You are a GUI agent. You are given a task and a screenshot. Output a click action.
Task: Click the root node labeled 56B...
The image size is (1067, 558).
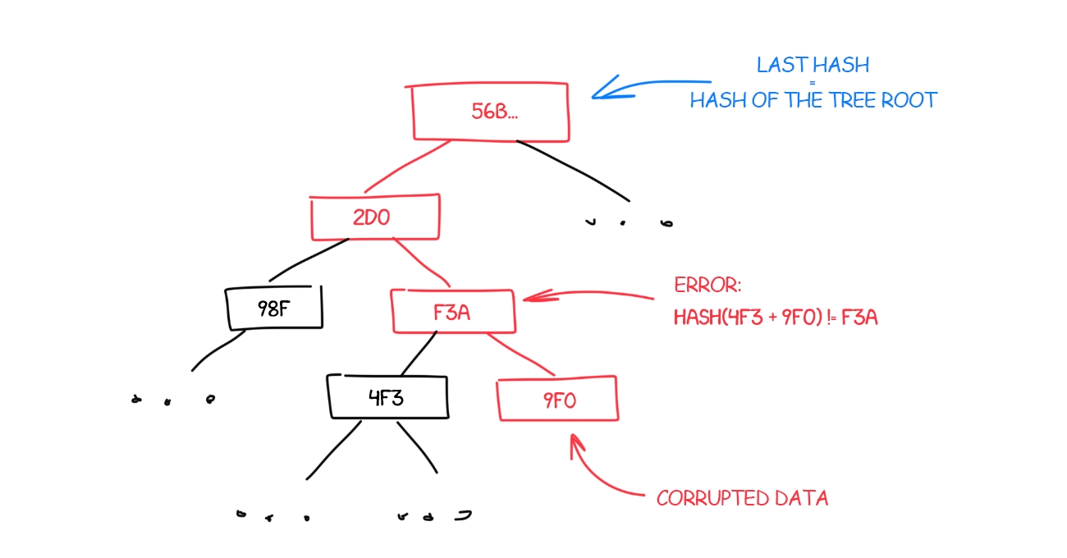490,112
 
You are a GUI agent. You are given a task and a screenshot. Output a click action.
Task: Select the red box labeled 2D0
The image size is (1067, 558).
375,217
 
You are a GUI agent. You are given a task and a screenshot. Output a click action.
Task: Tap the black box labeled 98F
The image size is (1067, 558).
273,308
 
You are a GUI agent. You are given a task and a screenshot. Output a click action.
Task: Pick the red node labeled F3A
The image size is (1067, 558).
453,311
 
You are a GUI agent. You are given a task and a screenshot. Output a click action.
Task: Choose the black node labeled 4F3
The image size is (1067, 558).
387,398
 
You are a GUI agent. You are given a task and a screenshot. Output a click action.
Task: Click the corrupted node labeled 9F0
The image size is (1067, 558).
558,400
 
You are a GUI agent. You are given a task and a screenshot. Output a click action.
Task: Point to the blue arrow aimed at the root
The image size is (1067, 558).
648,85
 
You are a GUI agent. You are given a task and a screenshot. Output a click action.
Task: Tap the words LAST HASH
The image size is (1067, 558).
813,65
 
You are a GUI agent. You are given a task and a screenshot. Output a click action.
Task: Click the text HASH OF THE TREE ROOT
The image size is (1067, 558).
813,101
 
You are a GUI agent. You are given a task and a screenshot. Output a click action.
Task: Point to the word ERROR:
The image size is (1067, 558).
708,286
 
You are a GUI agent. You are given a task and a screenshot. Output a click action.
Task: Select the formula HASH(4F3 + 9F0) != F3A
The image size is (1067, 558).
776,317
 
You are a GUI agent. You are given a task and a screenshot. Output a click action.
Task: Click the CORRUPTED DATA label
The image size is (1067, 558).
742,498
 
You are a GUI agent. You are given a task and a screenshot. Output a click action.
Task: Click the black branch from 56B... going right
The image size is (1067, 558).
575,169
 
